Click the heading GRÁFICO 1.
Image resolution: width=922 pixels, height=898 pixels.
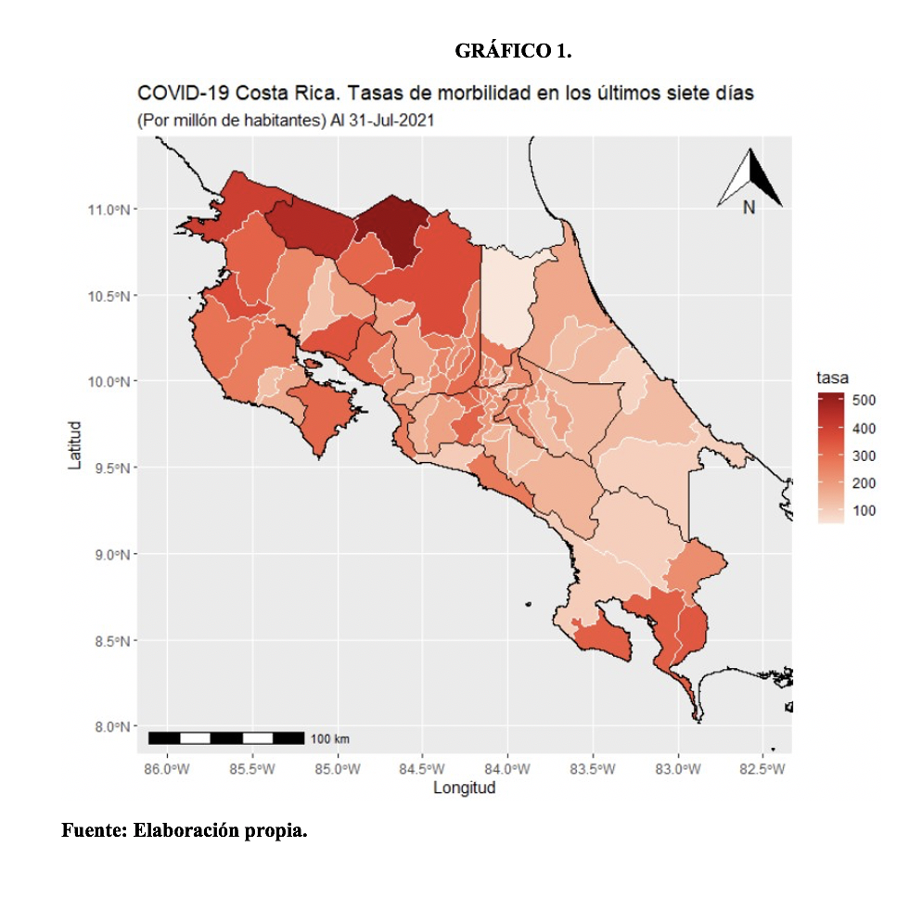coord(513,52)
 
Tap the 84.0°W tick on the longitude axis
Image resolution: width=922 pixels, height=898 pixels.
coord(507,769)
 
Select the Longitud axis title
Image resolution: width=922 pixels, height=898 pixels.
coord(464,789)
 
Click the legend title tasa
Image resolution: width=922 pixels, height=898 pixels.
coord(833,378)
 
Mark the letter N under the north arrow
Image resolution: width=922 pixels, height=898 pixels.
coord(749,208)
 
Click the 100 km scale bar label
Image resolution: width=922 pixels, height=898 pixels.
coord(329,738)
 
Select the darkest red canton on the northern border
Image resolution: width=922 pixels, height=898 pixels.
coord(391,227)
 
